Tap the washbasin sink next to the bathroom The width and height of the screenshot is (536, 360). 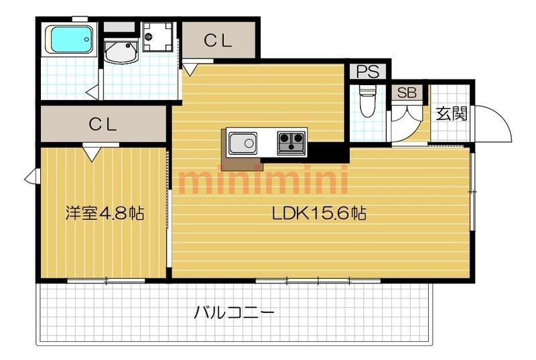(121, 52)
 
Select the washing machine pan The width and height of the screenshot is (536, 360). (157, 37)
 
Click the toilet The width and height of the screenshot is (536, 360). (368, 101)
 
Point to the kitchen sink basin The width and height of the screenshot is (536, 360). (243, 143)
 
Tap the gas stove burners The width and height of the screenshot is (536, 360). (291, 143)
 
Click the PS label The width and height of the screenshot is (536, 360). (368, 72)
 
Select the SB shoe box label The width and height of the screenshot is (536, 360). (407, 93)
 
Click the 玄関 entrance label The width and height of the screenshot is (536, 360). (452, 113)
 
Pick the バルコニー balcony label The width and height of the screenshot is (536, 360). (234, 312)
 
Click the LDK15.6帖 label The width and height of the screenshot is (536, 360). (320, 214)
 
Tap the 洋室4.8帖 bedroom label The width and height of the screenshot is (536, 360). (105, 213)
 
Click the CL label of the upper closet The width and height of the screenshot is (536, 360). (218, 41)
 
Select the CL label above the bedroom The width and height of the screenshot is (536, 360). (103, 125)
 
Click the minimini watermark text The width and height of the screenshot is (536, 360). (263, 180)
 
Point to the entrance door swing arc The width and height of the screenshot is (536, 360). (503, 116)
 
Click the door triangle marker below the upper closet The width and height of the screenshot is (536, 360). (190, 68)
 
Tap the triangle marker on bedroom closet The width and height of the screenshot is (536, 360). (92, 154)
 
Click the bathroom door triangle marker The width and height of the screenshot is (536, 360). (92, 93)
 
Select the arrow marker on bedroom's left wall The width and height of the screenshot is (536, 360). (32, 176)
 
